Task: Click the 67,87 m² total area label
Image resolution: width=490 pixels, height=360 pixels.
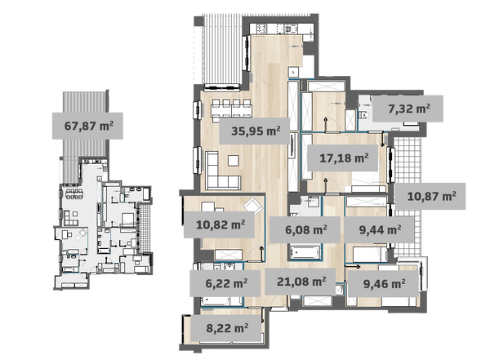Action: tap(87, 126)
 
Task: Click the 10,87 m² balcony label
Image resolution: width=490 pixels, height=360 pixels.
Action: tap(430, 196)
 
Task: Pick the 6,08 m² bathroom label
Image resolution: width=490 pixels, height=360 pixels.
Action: tap(305, 229)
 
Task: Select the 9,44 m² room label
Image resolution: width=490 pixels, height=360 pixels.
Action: tap(380, 229)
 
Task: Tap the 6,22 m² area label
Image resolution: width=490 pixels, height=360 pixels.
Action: tap(225, 283)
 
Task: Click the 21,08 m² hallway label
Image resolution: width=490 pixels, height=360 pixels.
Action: tap(301, 282)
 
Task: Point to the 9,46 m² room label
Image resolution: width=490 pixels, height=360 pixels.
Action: tap(384, 283)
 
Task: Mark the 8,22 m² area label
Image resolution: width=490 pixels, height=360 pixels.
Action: tap(226, 328)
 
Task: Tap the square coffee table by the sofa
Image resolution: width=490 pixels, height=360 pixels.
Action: tap(234, 161)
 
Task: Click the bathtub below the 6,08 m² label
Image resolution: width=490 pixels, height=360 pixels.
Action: tap(305, 252)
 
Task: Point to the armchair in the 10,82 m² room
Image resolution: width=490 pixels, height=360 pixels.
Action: tap(253, 207)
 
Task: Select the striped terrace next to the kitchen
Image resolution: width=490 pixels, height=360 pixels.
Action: tap(222, 49)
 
